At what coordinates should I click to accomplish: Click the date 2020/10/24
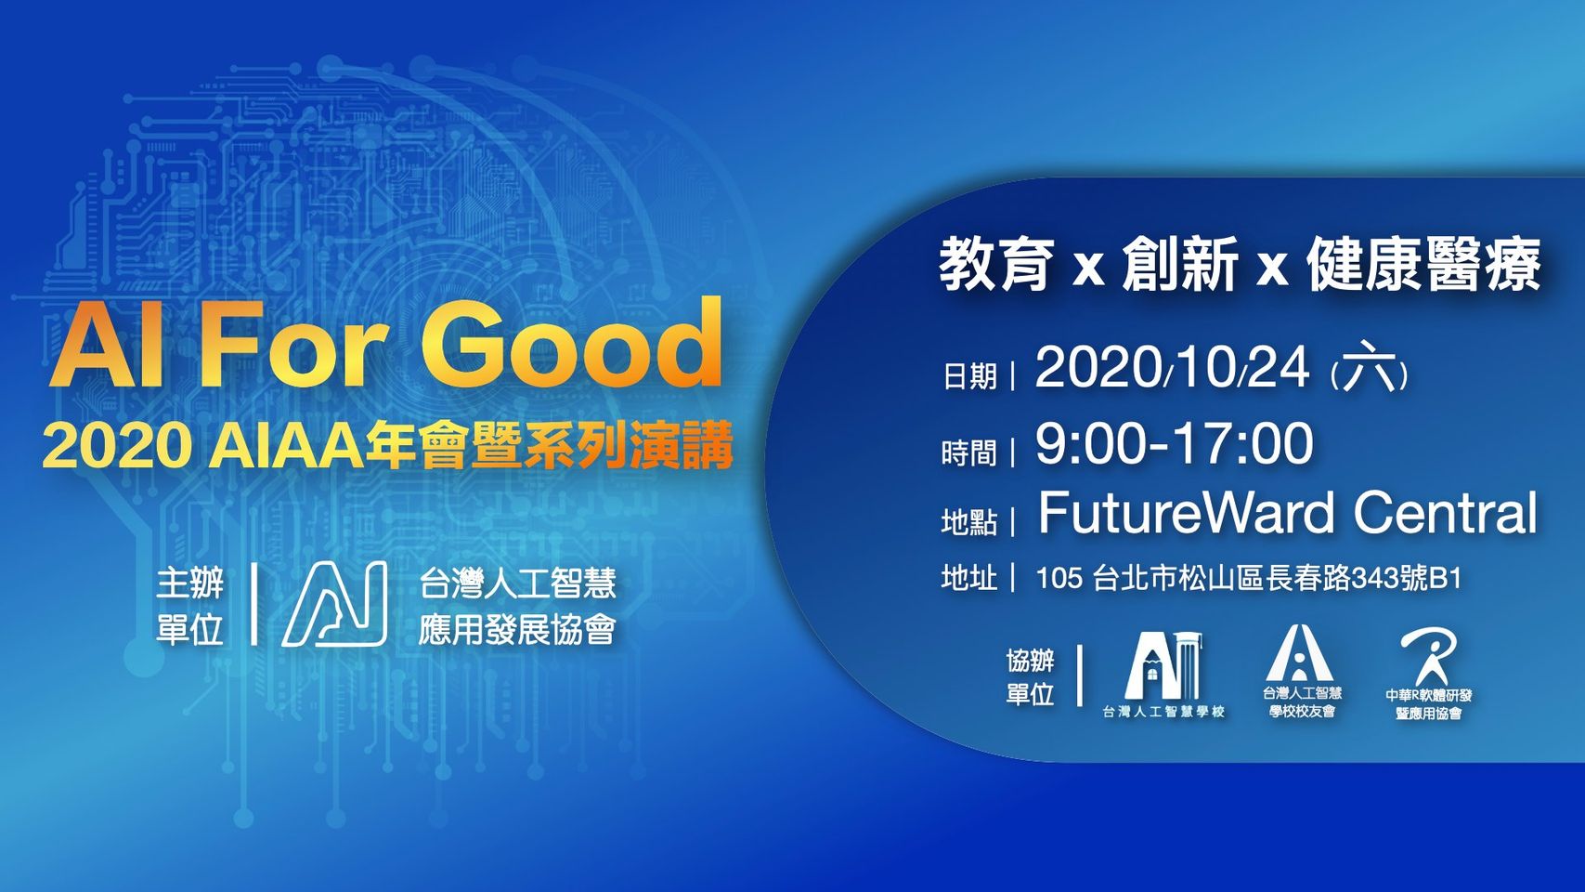pos(1172,368)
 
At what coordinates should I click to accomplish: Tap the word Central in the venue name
pos(1444,513)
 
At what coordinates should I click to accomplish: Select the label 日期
pos(969,376)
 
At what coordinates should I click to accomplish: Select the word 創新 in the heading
pos(1179,264)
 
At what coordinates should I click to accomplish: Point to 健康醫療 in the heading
pos(1423,264)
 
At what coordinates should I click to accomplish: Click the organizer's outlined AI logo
pos(334,604)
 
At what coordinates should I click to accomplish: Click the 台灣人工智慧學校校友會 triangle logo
pos(1300,652)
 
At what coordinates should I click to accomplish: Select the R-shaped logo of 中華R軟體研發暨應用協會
pos(1428,659)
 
